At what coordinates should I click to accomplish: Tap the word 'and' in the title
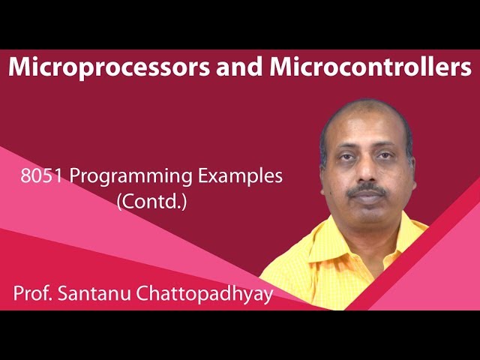click(224, 67)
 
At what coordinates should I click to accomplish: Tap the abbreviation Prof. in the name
click(34, 293)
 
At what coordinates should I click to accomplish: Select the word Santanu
click(97, 293)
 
